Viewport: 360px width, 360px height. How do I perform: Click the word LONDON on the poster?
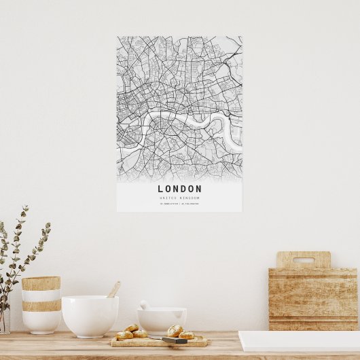coord(179,189)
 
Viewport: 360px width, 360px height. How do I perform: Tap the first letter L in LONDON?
coord(161,189)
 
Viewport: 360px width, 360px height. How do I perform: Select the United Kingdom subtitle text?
coord(179,198)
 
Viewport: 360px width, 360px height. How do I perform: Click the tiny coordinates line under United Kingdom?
coord(179,203)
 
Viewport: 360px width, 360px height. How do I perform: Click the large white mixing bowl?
coord(90,315)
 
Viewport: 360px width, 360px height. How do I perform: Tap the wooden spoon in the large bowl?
coord(113,290)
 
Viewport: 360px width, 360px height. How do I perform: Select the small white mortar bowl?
coord(162,320)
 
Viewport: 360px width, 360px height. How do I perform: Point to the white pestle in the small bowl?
coord(145,305)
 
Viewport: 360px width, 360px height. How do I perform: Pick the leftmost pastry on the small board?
coord(124,335)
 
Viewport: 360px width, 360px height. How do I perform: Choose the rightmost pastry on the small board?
coord(186,334)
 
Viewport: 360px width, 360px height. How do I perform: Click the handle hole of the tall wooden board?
coord(303,259)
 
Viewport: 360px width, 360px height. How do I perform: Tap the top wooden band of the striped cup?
coord(41,283)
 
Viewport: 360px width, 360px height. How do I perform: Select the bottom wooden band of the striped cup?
coord(41,306)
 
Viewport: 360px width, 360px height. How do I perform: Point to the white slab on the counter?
coord(299,340)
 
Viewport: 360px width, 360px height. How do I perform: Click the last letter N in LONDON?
coord(198,189)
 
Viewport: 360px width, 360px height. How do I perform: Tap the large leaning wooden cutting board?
coord(313,299)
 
